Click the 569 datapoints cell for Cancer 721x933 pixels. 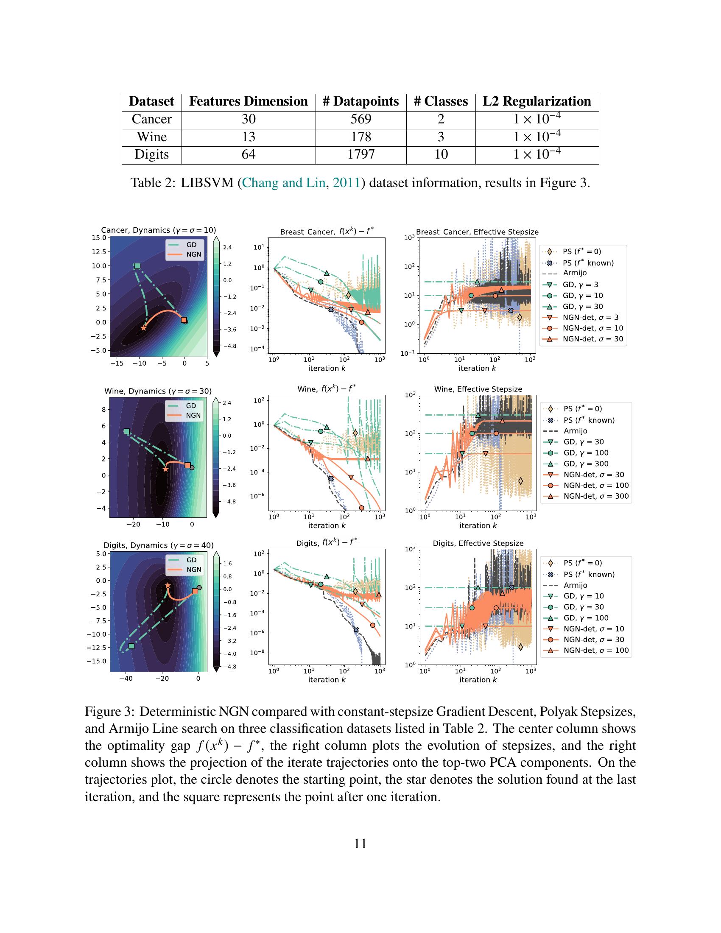361,119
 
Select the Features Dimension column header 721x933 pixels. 248,101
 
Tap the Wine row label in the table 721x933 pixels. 152,137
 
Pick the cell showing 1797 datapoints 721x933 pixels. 361,154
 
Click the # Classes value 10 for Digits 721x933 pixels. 441,154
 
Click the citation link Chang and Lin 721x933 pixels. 283,183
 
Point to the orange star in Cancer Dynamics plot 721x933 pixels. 143,328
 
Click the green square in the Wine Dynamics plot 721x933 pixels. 126,431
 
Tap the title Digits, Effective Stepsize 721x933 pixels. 478,543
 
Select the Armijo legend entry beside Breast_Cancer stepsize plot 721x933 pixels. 575,273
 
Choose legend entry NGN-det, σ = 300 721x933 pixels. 596,497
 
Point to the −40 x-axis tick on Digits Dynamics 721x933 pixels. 126,679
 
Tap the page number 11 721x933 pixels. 360,844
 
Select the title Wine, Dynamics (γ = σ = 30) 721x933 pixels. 158,391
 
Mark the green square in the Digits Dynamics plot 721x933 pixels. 131,646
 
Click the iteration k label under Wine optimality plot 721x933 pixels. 327,525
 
